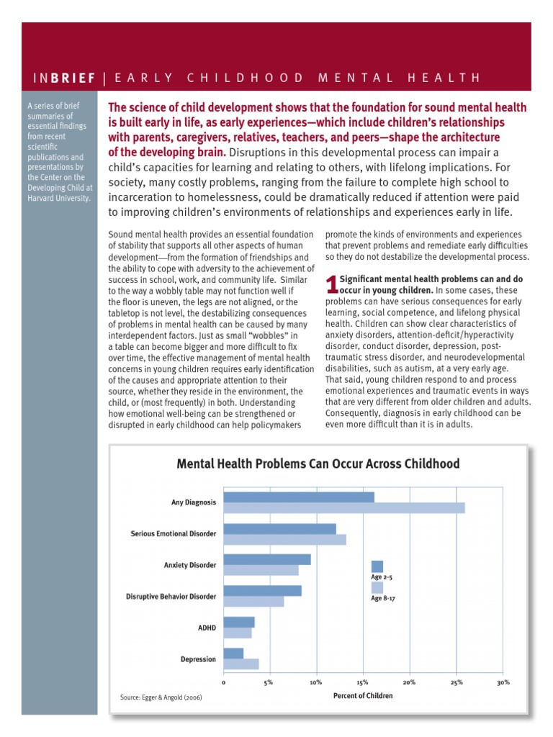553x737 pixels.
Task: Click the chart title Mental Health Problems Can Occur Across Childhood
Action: coord(318,464)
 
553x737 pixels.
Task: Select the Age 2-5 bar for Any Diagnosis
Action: coord(299,497)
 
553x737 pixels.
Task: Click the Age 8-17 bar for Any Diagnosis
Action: coord(344,508)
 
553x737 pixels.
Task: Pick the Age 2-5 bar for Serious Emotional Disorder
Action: coord(280,529)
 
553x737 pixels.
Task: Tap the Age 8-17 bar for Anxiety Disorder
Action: coord(261,570)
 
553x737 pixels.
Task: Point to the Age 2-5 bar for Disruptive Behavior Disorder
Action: coord(263,591)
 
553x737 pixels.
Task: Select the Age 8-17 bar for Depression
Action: coord(241,664)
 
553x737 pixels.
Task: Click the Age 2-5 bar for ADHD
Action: coord(239,622)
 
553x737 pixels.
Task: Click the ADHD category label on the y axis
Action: coord(207,628)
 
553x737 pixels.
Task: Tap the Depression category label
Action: coord(198,659)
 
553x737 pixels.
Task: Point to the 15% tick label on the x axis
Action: coord(362,682)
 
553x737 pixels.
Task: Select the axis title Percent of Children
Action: coord(363,696)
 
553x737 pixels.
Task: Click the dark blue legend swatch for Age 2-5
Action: coord(377,566)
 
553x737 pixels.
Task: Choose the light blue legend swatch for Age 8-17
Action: coord(377,587)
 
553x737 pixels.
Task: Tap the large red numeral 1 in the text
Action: coord(331,284)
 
